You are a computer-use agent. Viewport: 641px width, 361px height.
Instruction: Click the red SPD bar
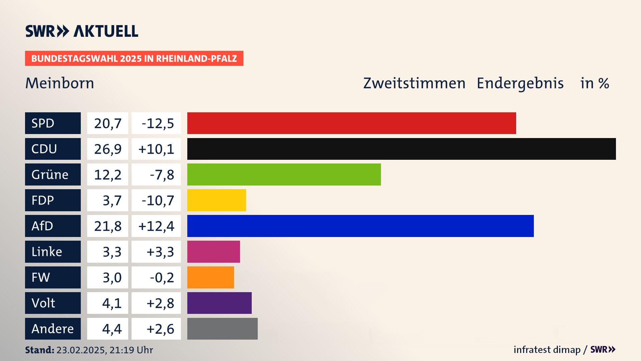tap(351, 123)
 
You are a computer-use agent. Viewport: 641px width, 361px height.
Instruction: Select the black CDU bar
tap(401, 149)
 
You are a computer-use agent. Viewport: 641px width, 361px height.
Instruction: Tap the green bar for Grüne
tap(284, 174)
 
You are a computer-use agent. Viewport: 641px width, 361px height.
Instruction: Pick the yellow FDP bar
tap(216, 200)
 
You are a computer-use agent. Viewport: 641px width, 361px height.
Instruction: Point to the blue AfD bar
tap(360, 226)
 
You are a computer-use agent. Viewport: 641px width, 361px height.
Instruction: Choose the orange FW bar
tap(210, 277)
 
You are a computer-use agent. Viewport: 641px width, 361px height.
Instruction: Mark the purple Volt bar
tap(219, 303)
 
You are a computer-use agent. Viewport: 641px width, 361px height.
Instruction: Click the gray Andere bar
tap(222, 329)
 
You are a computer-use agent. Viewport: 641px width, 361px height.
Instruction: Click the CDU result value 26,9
tap(108, 149)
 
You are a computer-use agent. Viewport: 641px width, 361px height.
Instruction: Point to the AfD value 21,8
tap(108, 226)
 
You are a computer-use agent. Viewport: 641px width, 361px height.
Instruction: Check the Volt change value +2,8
tap(160, 303)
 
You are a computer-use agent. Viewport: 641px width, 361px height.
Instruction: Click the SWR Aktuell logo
tap(82, 31)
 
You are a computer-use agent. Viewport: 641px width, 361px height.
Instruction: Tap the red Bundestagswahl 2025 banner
tap(134, 58)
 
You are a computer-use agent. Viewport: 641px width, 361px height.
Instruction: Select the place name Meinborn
tap(60, 83)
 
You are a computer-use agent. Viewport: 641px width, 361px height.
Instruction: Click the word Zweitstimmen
tap(414, 83)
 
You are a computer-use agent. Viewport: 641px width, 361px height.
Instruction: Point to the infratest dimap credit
tap(547, 350)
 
